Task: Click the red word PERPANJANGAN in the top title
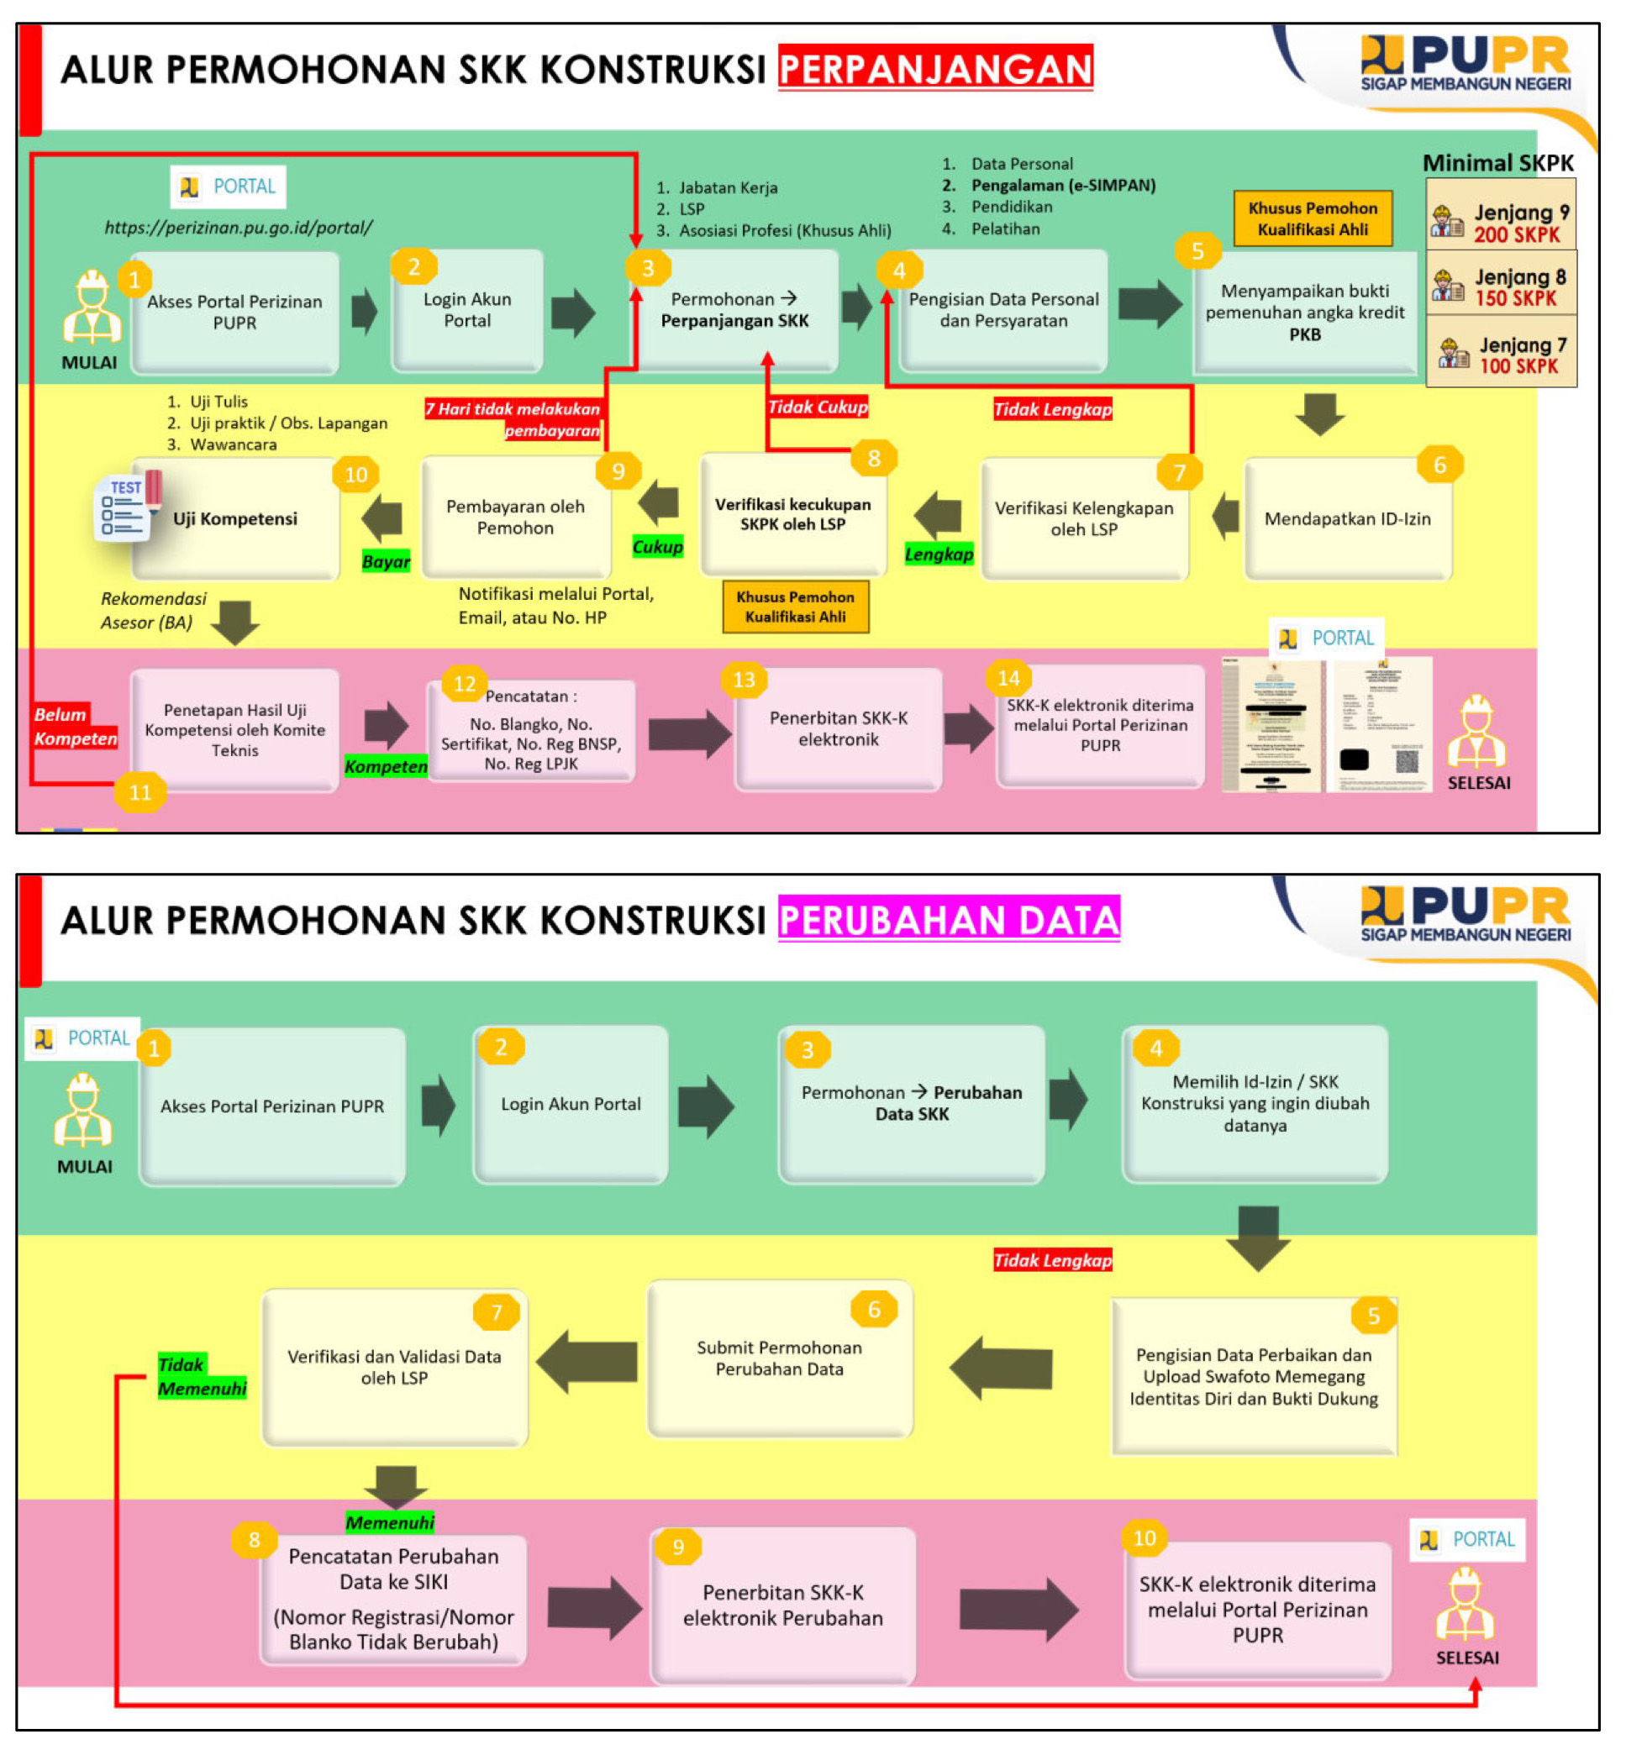pos(934,69)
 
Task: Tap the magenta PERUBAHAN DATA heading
pos(949,919)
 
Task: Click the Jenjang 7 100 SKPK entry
pos(1500,355)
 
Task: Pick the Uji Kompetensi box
pos(235,518)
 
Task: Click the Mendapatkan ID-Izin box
pos(1347,518)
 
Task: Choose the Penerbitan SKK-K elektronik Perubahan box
pos(782,1605)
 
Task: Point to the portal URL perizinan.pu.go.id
pos(239,227)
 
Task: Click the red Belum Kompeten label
pos(75,726)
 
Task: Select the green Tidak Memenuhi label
pos(202,1376)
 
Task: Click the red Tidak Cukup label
pos(818,407)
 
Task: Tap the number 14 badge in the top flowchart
pos(1008,677)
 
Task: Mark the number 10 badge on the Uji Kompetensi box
pos(355,475)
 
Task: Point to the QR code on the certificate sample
pos(1407,760)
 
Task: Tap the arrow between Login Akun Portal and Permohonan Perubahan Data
pos(706,1106)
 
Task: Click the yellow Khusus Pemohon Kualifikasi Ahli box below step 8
pos(796,606)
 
